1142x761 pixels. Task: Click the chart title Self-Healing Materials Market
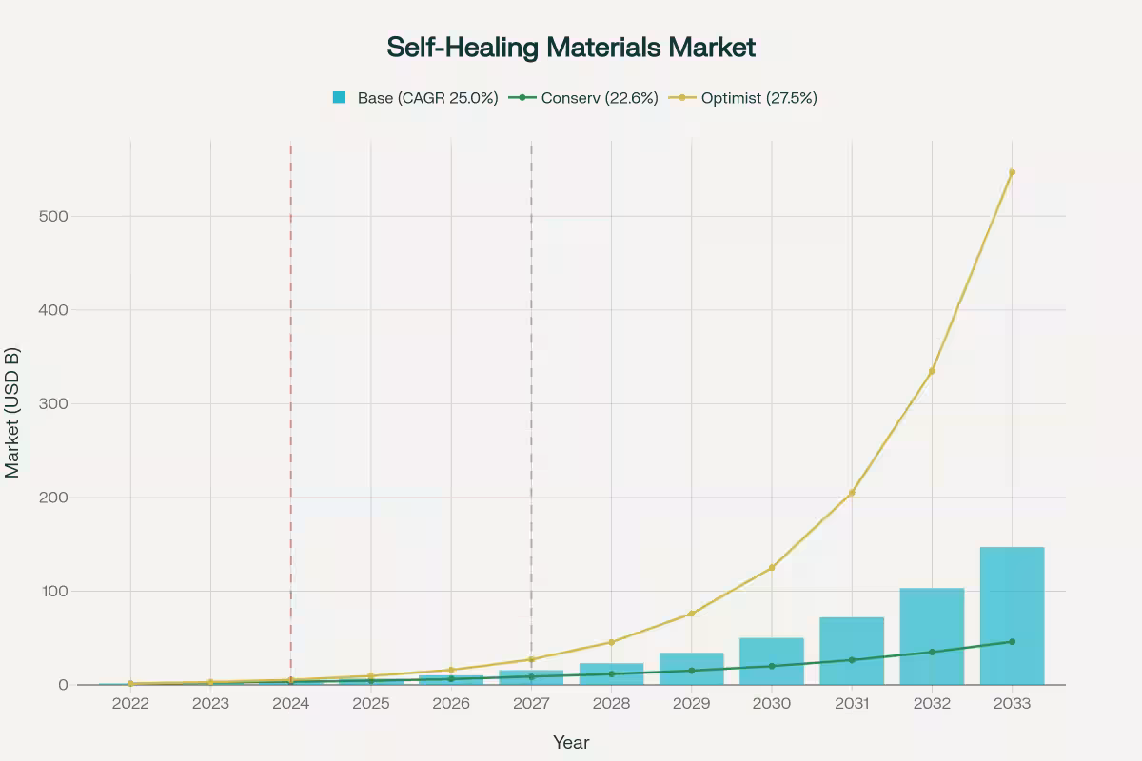tap(571, 48)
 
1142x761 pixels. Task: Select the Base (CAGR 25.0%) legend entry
tap(415, 97)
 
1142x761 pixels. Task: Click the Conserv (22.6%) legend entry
tap(584, 97)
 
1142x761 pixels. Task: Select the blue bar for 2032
tap(932, 636)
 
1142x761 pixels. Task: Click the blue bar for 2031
tap(852, 651)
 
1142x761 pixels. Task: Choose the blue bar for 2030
tap(772, 661)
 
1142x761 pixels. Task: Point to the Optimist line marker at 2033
tap(1012, 172)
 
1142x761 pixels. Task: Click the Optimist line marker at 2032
tap(932, 371)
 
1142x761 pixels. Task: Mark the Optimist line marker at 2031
tap(852, 493)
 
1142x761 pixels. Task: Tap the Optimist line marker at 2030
tap(772, 568)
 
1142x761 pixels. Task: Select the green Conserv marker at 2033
tap(1012, 642)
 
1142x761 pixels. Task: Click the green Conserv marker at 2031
tap(852, 660)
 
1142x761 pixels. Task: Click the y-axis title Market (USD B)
tap(13, 412)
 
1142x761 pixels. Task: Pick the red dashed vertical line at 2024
tap(290, 380)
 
